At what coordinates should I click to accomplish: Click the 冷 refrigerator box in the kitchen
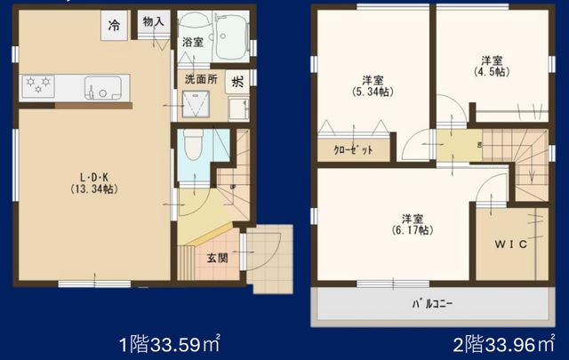(114, 25)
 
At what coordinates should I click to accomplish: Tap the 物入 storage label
(154, 21)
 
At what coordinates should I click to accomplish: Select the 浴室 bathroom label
(192, 43)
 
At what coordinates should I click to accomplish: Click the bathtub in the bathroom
(231, 37)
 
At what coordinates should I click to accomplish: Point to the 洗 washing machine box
(237, 82)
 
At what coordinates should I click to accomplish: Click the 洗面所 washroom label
(201, 79)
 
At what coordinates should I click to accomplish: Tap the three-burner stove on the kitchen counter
(38, 86)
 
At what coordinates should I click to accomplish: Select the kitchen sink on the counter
(103, 88)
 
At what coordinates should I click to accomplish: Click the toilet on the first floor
(193, 144)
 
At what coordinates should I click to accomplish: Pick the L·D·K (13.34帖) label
(94, 183)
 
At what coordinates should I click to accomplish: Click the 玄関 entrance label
(217, 258)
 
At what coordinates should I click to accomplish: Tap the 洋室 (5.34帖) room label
(373, 85)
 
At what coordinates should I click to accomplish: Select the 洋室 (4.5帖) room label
(492, 66)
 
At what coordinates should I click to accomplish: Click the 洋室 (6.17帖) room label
(413, 224)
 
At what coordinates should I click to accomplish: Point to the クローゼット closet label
(353, 149)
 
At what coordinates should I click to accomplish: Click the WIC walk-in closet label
(511, 244)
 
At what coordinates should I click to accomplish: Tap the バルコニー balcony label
(432, 303)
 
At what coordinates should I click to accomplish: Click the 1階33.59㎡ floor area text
(170, 344)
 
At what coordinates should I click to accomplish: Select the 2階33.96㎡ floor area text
(504, 344)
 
